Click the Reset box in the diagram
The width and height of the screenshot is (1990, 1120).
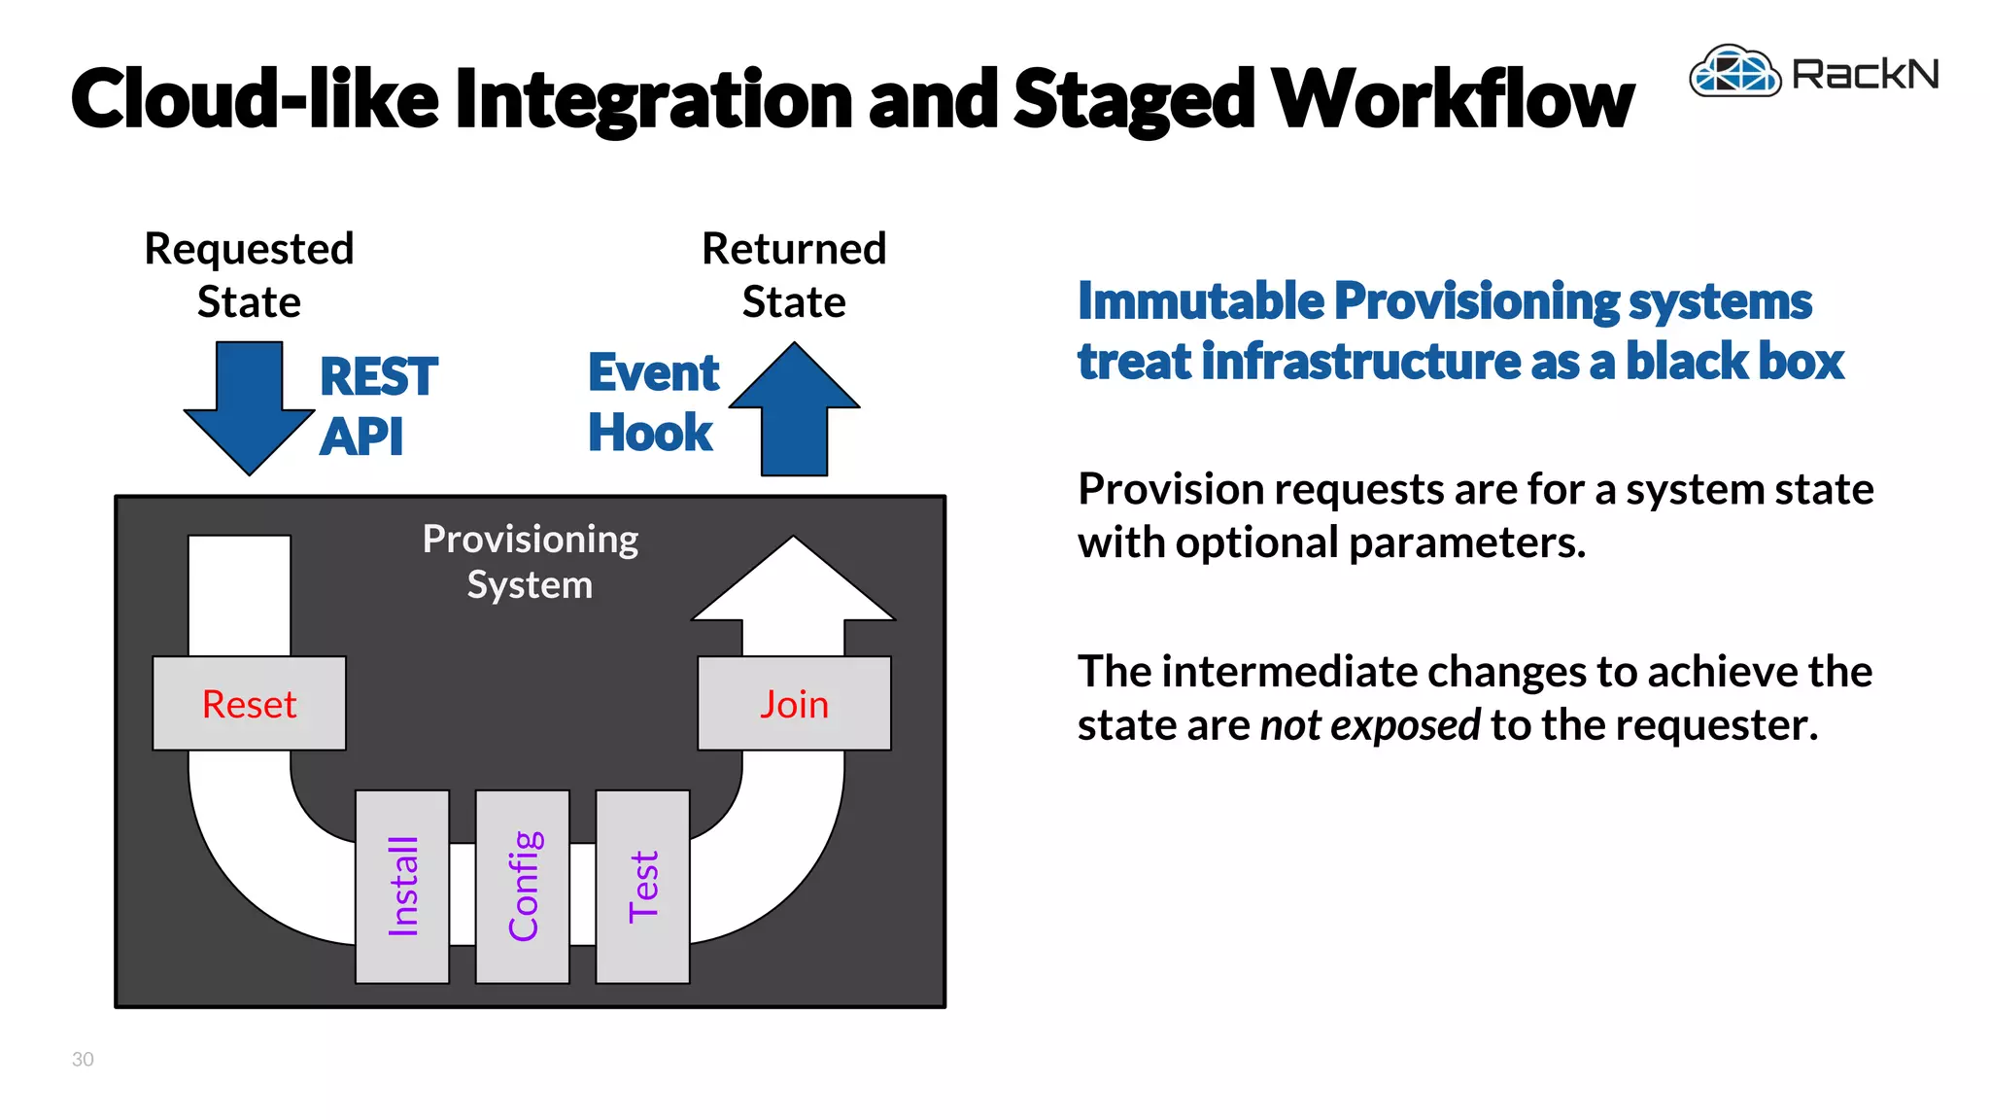[249, 704]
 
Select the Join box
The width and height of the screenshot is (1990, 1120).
[794, 704]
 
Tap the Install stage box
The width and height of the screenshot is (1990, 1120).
[402, 886]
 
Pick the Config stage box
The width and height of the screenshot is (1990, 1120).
[523, 886]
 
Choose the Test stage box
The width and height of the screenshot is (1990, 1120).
[642, 886]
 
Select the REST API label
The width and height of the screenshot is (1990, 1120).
[377, 405]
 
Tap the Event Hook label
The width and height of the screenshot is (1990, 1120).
[653, 402]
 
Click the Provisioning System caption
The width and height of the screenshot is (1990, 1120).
[530, 562]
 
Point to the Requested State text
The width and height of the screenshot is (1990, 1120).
[249, 275]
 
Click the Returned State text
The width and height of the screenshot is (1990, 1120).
[794, 275]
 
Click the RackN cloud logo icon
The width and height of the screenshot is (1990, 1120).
[1734, 71]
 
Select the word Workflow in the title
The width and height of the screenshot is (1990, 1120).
[1453, 99]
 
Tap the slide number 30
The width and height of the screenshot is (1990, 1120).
[83, 1059]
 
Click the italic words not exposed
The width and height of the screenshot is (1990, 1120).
[1370, 725]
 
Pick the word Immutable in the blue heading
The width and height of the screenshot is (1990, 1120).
[1201, 301]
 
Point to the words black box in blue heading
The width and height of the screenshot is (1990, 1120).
[1734, 362]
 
